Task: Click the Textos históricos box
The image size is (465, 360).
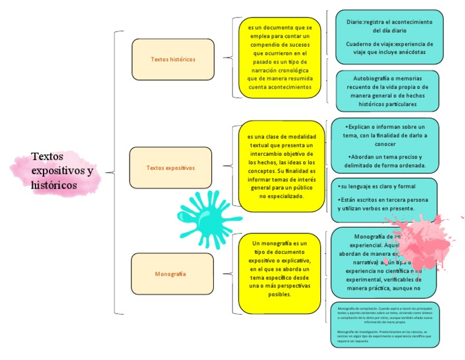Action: click(173, 59)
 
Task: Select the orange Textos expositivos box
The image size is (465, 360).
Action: click(170, 167)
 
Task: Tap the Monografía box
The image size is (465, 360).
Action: click(173, 274)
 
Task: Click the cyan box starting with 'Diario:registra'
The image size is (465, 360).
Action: click(389, 37)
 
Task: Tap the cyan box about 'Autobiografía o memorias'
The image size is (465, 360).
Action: click(387, 91)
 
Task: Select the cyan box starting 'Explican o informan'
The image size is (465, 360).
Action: click(384, 145)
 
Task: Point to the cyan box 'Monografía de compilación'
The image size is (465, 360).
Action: click(385, 325)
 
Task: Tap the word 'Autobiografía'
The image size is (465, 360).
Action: click(372, 78)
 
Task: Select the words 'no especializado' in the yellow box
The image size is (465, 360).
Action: click(282, 196)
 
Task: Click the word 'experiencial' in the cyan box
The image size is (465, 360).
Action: click(364, 245)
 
